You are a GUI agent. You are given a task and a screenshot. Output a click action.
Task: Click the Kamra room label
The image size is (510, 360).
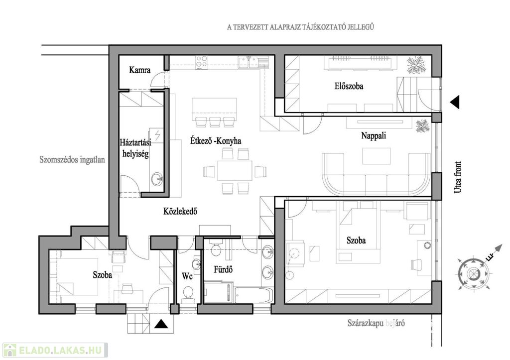[140, 70]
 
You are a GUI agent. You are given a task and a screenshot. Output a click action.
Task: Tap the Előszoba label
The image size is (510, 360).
[349, 86]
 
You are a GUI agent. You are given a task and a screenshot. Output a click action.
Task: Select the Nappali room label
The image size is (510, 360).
[374, 135]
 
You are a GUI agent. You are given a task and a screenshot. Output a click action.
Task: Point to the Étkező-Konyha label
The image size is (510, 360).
[216, 141]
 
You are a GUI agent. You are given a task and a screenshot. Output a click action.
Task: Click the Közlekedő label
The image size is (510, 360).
[180, 212]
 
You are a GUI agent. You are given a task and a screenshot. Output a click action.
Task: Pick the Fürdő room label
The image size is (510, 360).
[223, 269]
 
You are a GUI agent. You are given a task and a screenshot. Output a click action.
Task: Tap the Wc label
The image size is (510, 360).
[187, 276]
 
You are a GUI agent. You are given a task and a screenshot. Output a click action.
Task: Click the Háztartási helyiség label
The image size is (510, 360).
[135, 148]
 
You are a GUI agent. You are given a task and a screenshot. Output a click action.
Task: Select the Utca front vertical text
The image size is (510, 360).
[458, 177]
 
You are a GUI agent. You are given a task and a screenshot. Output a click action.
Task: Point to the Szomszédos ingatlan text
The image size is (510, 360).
[72, 160]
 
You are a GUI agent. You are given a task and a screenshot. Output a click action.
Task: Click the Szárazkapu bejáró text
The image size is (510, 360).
[376, 323]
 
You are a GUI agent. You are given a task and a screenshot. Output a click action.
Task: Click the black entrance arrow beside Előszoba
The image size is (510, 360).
[455, 102]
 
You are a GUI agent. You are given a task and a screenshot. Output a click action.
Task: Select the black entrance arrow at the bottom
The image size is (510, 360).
[161, 324]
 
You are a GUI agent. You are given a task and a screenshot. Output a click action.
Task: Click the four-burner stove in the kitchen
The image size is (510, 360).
[202, 62]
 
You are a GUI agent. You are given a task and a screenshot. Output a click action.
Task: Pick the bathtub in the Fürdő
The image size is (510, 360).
[253, 295]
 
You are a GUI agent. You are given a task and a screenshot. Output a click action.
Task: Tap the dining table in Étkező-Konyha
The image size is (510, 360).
[235, 170]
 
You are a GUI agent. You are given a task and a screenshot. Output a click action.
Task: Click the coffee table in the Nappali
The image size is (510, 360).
[377, 156]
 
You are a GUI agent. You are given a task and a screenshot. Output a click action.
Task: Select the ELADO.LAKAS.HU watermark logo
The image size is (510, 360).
[55, 350]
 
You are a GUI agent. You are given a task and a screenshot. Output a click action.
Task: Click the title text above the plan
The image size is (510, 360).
[300, 27]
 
